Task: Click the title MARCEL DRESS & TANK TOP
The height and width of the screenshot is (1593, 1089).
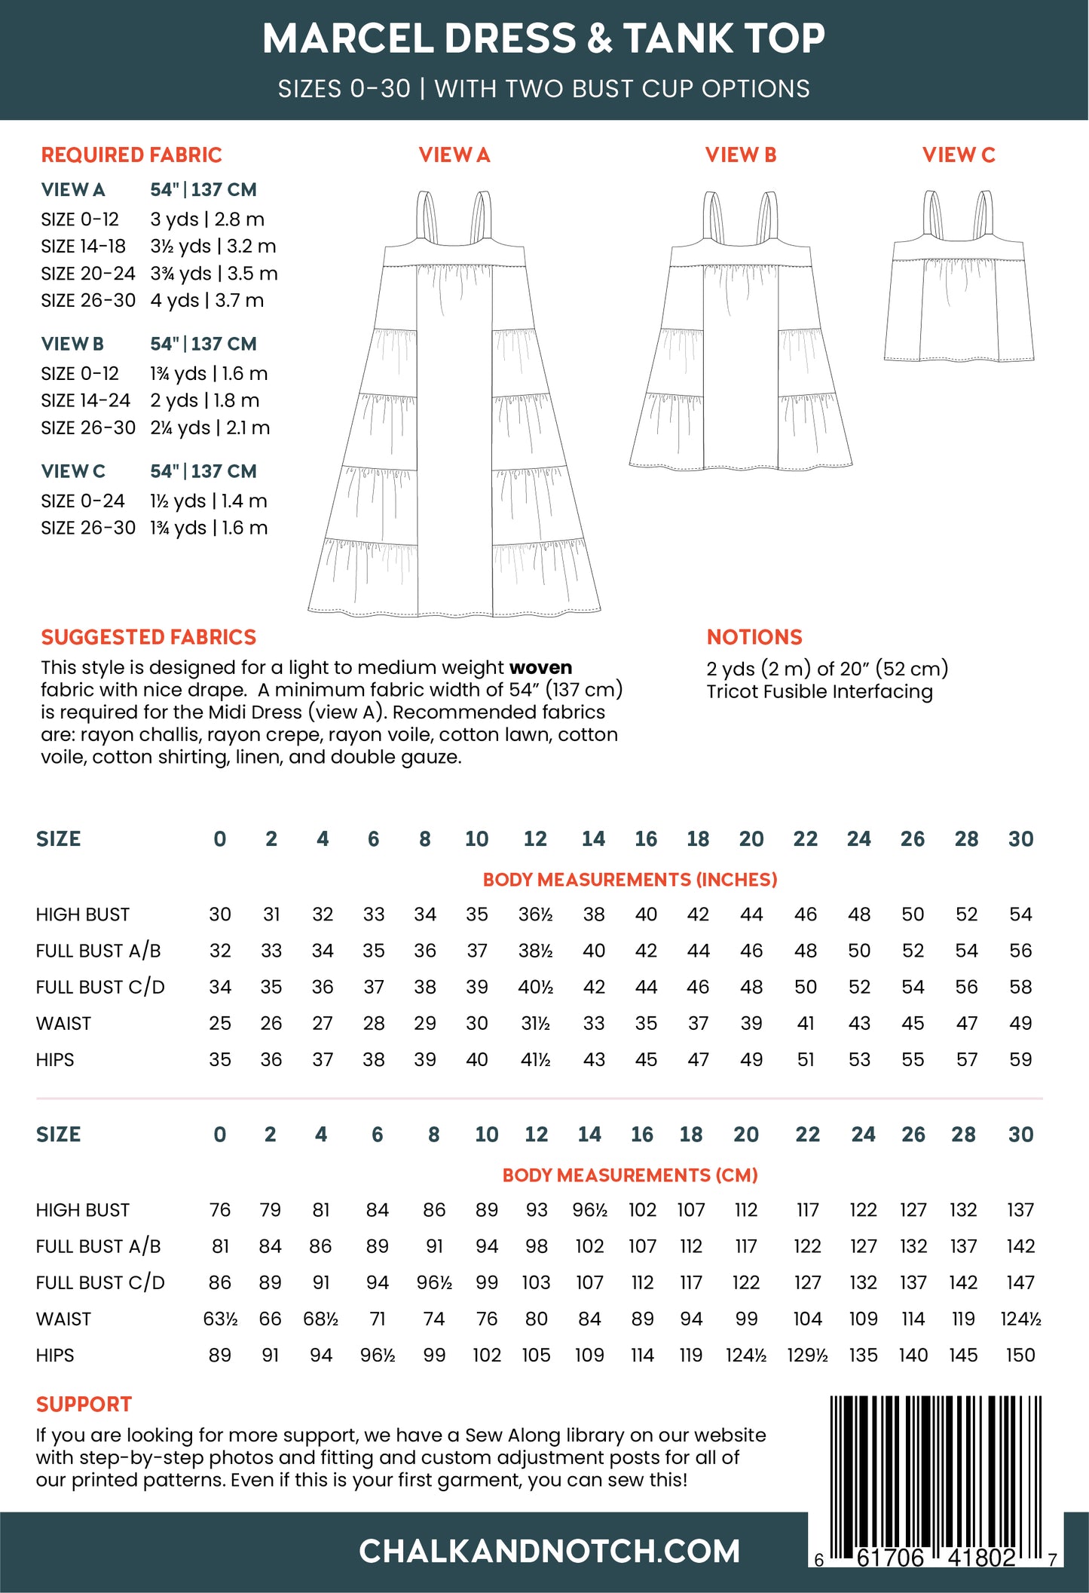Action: coord(543,39)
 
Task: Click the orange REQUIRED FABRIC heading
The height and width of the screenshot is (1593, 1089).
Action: coord(131,155)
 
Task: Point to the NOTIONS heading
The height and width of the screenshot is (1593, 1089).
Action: coord(754,637)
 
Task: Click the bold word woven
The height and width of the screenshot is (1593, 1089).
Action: coord(540,667)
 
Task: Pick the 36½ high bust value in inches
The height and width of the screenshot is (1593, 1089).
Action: coord(535,914)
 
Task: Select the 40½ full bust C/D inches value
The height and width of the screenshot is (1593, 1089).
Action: coord(535,987)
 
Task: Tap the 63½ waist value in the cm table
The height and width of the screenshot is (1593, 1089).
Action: coord(220,1319)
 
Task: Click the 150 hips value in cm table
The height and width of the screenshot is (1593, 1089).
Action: coord(1020,1355)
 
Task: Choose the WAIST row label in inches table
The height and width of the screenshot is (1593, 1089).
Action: coord(63,1023)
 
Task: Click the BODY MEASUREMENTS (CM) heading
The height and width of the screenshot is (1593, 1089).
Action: coord(629,1175)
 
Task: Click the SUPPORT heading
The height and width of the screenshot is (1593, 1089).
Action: coord(84,1405)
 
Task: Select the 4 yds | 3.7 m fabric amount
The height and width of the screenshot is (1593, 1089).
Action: coord(206,300)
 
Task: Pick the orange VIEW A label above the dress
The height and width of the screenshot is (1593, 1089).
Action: coord(454,155)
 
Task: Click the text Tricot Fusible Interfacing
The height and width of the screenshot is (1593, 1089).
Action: coord(819,691)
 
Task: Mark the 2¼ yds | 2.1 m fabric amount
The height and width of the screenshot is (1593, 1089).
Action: coord(210,427)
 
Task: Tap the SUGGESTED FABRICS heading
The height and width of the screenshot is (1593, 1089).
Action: coord(148,637)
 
